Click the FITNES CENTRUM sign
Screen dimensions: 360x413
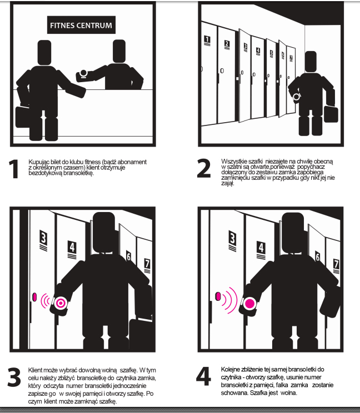(81, 25)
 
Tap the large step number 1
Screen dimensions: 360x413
(13, 169)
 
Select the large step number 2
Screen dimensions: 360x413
(204, 168)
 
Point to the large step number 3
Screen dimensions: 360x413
(14, 377)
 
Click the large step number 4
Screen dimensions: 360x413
(203, 376)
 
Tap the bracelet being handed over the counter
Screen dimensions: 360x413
(83, 74)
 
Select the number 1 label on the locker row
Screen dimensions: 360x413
(207, 41)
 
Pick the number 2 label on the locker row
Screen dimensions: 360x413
(227, 44)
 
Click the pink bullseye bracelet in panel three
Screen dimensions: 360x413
(61, 303)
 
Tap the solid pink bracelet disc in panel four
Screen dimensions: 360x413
(249, 303)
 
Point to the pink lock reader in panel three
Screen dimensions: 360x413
(34, 297)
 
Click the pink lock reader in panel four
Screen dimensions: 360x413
(218, 296)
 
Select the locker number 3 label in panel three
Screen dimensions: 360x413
(43, 240)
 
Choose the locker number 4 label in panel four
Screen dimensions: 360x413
(261, 250)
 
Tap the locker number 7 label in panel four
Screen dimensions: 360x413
(336, 266)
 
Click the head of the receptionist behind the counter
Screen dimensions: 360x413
(119, 51)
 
